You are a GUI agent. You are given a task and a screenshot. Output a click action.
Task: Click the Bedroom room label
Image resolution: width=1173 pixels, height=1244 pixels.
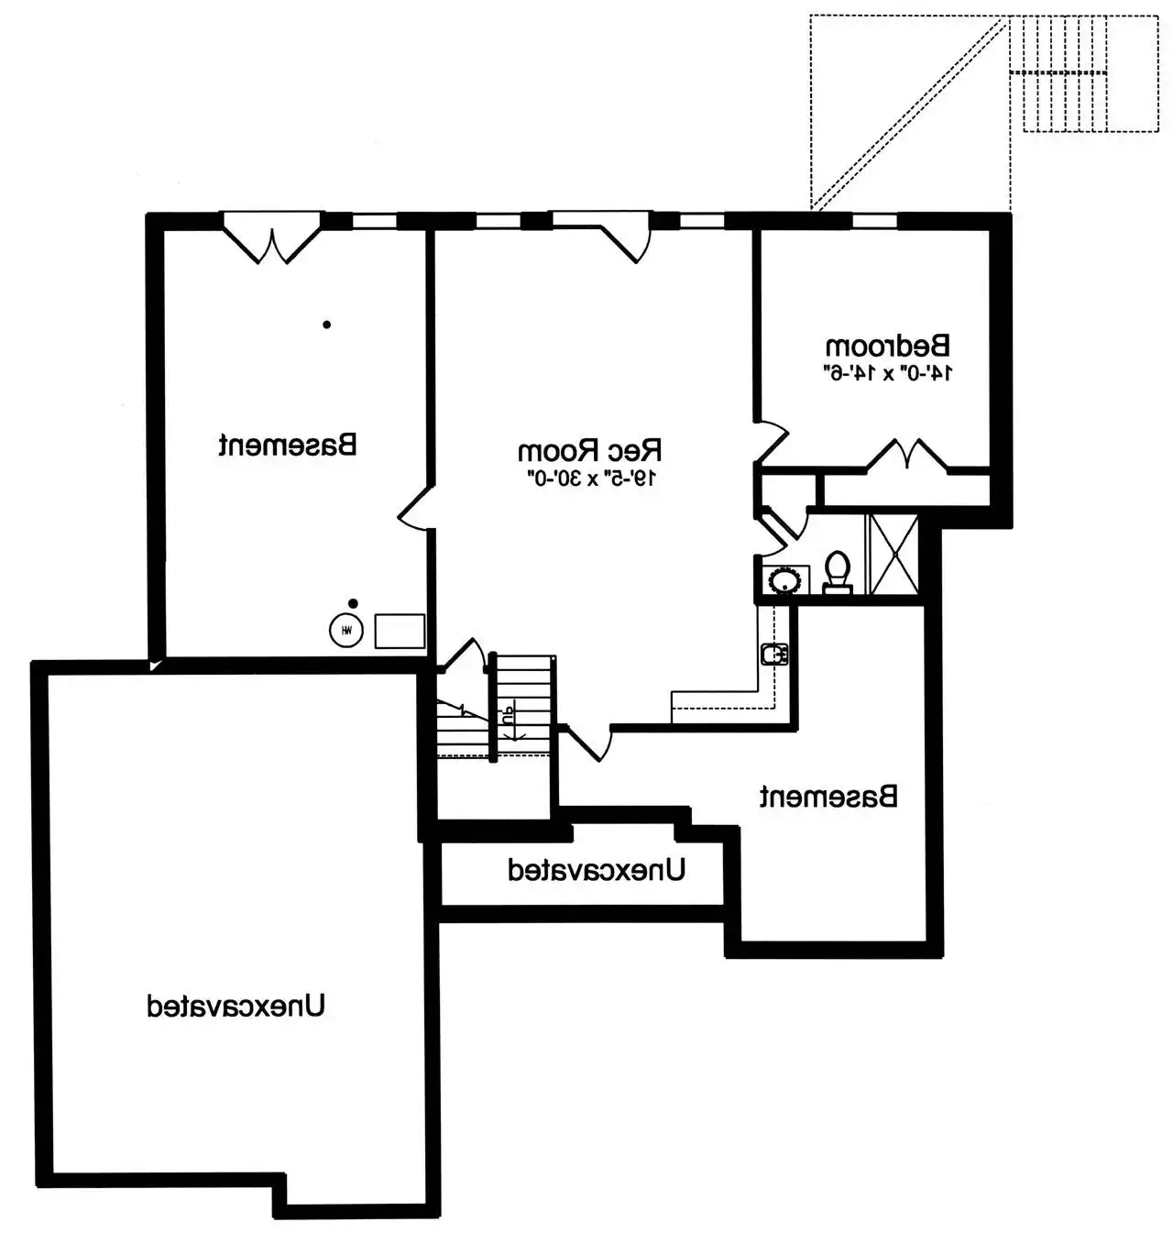[887, 345]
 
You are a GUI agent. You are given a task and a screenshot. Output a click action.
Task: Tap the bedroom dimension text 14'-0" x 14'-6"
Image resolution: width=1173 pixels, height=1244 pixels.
[887, 373]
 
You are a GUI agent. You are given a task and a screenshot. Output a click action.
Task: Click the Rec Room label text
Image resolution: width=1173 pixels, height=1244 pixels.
[588, 450]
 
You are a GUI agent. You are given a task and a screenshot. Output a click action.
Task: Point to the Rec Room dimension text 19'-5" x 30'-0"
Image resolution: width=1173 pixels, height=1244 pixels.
[588, 479]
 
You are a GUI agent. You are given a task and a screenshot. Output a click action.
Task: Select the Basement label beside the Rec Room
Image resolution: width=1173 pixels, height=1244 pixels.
[288, 445]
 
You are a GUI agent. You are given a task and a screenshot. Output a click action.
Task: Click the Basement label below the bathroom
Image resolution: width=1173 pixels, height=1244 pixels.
[828, 797]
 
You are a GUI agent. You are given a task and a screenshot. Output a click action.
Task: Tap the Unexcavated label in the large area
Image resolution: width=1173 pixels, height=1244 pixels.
[236, 1006]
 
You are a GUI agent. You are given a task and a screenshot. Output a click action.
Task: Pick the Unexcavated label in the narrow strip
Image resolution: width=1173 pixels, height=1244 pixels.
[597, 871]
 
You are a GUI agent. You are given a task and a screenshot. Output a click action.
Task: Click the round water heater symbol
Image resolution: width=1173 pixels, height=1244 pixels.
[346, 630]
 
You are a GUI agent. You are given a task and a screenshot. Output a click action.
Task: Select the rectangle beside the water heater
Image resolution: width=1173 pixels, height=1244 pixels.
[400, 631]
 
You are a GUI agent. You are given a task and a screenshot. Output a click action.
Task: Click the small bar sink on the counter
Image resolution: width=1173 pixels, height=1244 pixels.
[774, 654]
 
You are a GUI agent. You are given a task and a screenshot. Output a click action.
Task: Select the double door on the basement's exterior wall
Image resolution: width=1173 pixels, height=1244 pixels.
[272, 238]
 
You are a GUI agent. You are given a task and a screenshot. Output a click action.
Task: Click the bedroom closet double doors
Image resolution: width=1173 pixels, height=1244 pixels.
[906, 454]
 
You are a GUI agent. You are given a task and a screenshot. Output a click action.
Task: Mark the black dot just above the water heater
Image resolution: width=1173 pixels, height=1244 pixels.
[353, 603]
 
